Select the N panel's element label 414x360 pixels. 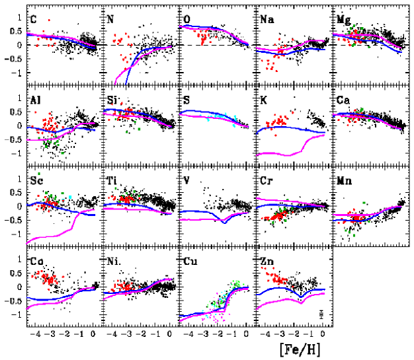coord(110,19)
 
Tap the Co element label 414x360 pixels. coord(37,261)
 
